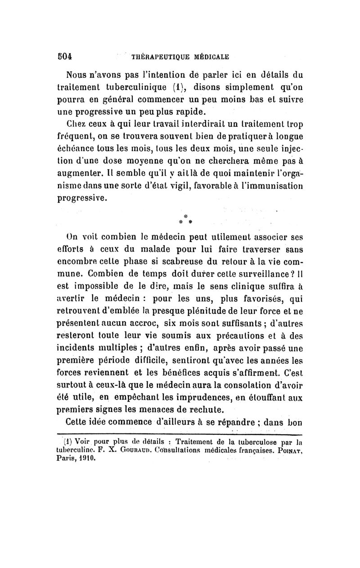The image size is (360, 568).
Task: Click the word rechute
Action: (199, 411)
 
